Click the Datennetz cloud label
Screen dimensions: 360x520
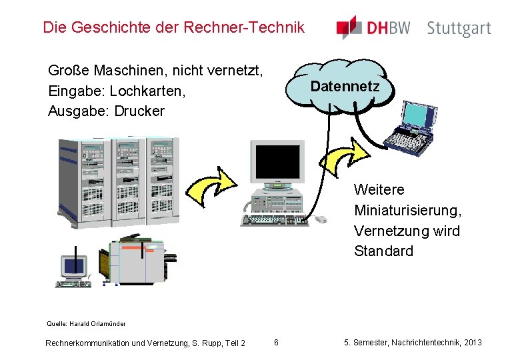coord(345,87)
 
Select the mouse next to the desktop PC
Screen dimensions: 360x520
coord(320,219)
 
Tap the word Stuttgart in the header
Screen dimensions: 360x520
coord(459,28)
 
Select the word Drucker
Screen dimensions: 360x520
coord(139,111)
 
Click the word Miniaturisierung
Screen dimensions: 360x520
coord(407,211)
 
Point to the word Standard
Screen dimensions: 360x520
coord(383,251)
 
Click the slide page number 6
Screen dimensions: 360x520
coord(276,343)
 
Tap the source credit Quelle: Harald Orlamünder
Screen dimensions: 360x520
coord(86,324)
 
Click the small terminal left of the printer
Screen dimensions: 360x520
coord(74,268)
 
